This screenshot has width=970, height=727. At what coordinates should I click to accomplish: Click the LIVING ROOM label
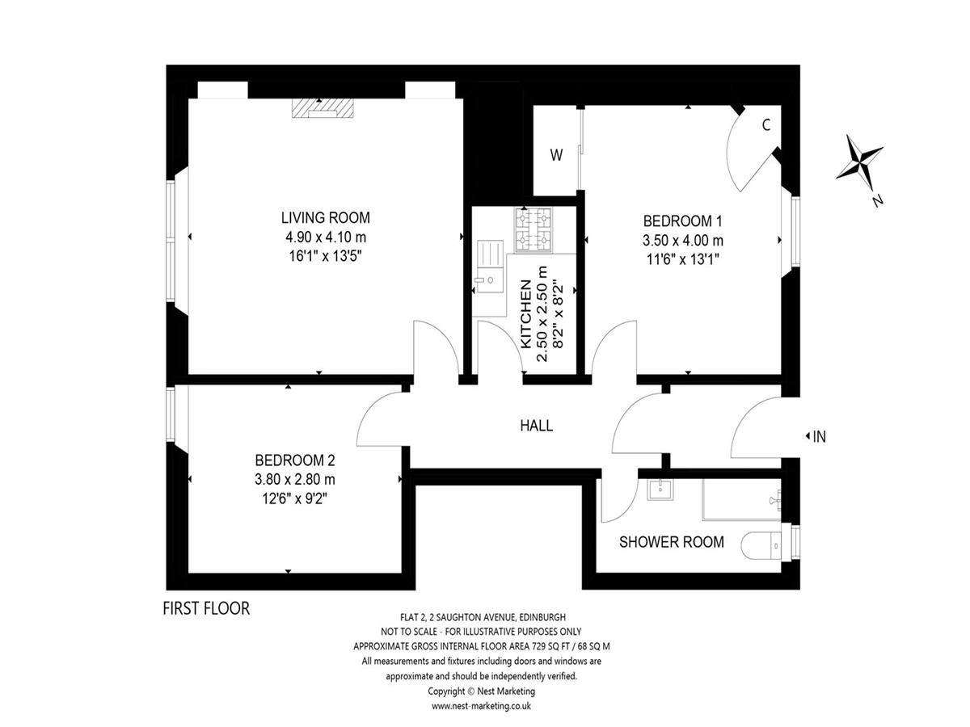pyautogui.click(x=326, y=217)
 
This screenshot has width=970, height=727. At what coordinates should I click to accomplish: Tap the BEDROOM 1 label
pyautogui.click(x=683, y=221)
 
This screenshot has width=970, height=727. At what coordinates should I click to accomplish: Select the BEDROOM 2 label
pyautogui.click(x=295, y=460)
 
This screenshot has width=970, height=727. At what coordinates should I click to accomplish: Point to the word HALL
pyautogui.click(x=537, y=426)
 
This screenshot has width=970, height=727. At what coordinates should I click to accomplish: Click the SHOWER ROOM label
pyautogui.click(x=672, y=541)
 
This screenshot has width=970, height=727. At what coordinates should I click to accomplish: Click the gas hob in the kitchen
pyautogui.click(x=533, y=229)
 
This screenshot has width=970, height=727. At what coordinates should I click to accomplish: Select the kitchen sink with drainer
pyautogui.click(x=490, y=267)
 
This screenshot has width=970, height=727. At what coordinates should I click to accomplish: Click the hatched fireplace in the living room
pyautogui.click(x=323, y=108)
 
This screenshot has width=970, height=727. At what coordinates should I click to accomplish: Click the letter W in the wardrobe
pyautogui.click(x=556, y=155)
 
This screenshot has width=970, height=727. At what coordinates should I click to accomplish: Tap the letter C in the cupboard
pyautogui.click(x=766, y=125)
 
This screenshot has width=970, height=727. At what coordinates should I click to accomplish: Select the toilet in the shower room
pyautogui.click(x=761, y=545)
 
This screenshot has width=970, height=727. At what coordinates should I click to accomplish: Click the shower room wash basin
pyautogui.click(x=660, y=490)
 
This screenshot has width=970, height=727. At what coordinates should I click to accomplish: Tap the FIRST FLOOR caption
pyautogui.click(x=206, y=608)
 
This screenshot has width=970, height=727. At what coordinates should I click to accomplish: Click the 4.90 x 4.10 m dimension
pyautogui.click(x=326, y=237)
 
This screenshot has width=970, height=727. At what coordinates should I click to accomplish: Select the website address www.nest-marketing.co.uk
pyautogui.click(x=481, y=706)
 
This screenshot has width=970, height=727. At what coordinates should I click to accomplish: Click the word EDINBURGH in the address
pyautogui.click(x=542, y=617)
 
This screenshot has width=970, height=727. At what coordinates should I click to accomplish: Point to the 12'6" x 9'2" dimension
pyautogui.click(x=295, y=498)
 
